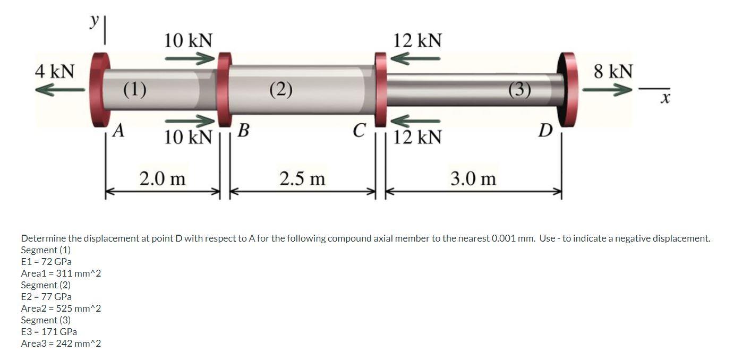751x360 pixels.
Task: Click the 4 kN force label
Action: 55,71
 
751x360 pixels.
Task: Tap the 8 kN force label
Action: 613,71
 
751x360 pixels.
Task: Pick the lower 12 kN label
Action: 417,137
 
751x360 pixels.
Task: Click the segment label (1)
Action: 135,89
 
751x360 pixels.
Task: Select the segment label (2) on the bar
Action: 280,89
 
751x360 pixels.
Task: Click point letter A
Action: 120,130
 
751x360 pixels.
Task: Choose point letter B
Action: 243,130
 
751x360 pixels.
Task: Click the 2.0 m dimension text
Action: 163,178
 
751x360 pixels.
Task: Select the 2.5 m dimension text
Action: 302,178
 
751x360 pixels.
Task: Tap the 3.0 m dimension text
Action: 473,178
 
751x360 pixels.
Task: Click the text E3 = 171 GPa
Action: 49,332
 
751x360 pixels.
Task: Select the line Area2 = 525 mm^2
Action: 61,308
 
